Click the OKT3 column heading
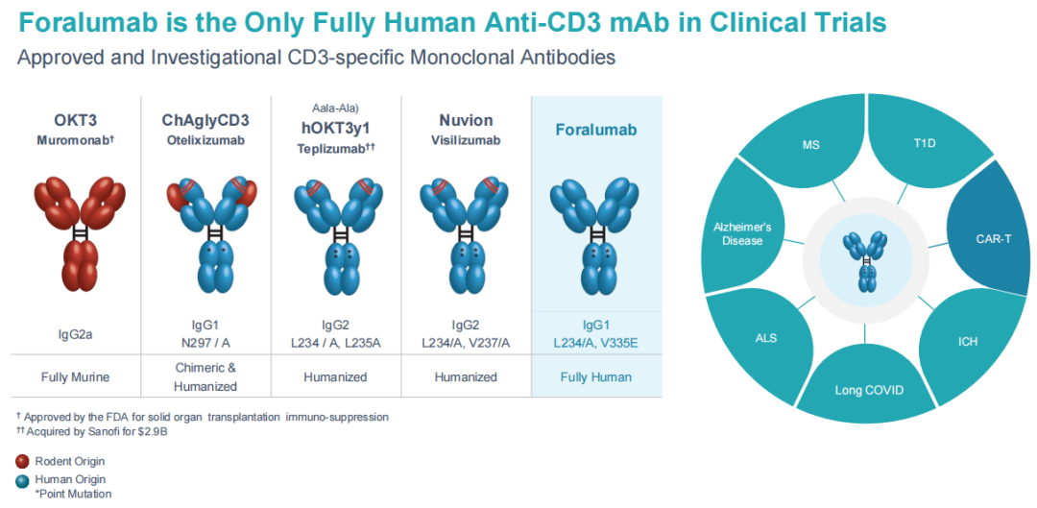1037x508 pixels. click(x=75, y=120)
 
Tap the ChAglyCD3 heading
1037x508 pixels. click(x=205, y=120)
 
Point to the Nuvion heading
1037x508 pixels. click(x=466, y=120)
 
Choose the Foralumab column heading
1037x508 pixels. click(x=596, y=130)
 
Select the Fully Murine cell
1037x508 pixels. click(x=75, y=376)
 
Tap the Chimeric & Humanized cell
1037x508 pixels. click(x=205, y=376)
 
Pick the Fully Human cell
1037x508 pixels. click(x=596, y=376)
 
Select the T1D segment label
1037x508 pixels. click(x=926, y=145)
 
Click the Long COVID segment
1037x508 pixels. click(x=867, y=390)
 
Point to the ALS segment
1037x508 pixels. click(x=765, y=338)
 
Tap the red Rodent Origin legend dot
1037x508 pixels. click(x=22, y=462)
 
